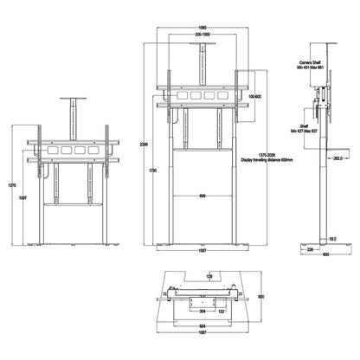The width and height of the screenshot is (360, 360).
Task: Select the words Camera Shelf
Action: coord(315,63)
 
